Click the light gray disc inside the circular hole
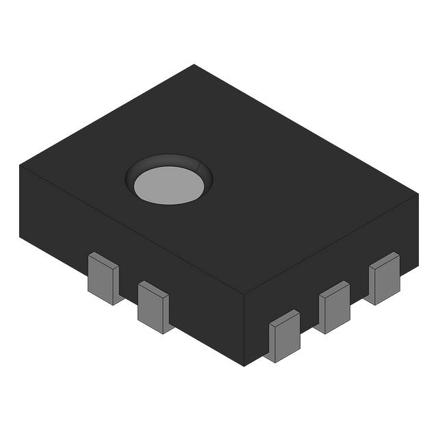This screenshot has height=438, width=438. point(169,185)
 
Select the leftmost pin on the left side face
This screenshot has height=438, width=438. point(103,278)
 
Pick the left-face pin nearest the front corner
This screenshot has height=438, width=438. point(153,307)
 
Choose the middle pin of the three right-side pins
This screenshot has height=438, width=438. point(333,308)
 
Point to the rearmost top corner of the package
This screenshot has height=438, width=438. point(194,65)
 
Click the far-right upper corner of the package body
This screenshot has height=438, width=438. point(417,194)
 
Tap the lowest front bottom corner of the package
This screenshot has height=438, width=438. point(244,366)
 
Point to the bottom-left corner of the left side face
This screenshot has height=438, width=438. point(20,235)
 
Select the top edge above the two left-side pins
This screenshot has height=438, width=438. point(130,230)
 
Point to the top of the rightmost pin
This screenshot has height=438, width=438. point(385,259)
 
